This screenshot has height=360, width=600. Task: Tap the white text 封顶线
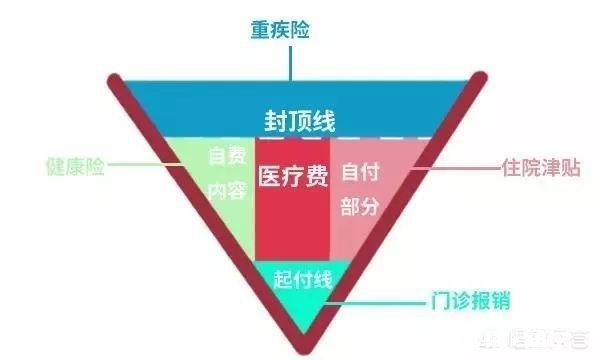[x=299, y=120]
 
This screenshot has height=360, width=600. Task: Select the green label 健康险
[x=75, y=166]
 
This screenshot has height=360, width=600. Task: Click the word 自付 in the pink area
[x=360, y=171]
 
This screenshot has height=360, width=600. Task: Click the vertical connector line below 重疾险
[x=290, y=60]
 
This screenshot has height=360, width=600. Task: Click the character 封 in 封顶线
[x=275, y=120]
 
